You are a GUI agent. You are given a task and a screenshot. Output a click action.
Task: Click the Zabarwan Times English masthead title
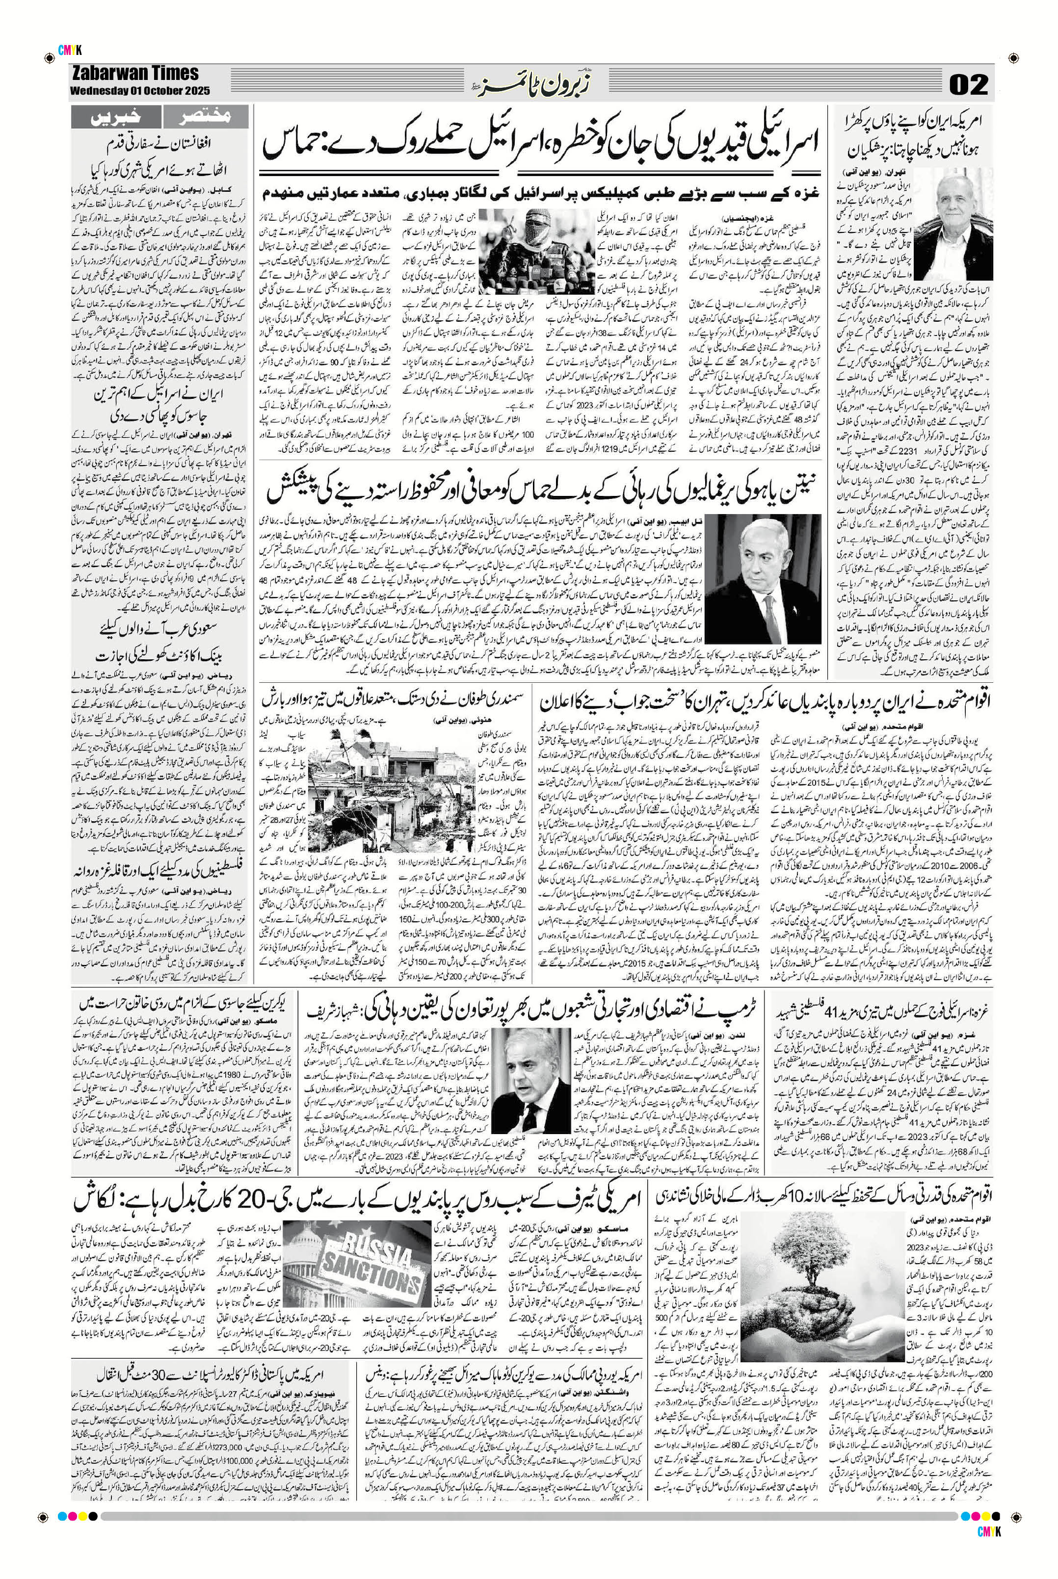134,74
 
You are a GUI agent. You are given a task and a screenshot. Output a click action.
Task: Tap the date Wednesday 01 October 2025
140,90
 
